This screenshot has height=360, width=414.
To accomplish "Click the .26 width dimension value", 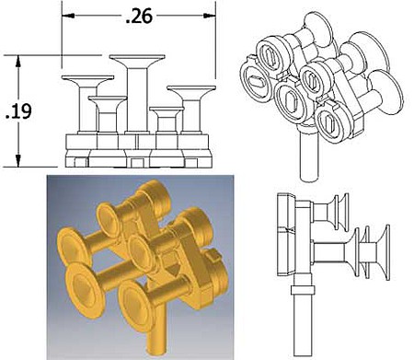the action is [139, 17].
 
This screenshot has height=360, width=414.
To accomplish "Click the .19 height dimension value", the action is [18, 111].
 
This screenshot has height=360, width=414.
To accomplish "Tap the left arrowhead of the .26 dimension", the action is [68, 16].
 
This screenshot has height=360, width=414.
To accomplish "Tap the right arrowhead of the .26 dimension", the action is [210, 16].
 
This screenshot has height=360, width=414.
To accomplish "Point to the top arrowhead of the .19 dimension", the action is [18, 62].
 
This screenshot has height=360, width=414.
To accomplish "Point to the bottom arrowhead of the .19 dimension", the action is [18, 161].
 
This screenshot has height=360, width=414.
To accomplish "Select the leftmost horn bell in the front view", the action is [87, 81].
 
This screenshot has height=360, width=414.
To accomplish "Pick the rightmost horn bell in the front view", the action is [191, 91].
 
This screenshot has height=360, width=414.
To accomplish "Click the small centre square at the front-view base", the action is [135, 163].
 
